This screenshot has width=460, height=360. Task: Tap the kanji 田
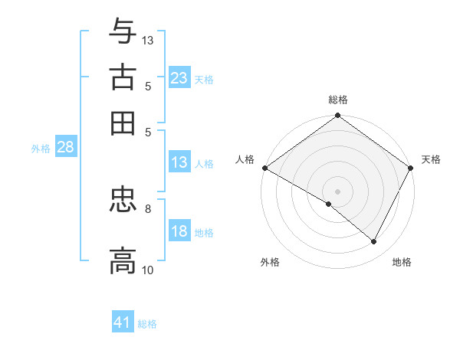coord(123,123)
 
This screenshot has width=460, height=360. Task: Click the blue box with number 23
coord(179,78)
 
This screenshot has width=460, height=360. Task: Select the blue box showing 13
coord(179,162)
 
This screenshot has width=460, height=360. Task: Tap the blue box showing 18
coord(179,232)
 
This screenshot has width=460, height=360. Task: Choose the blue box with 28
coord(65,148)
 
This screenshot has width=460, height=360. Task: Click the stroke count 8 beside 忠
coord(148,208)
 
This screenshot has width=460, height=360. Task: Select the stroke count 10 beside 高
coord(148,270)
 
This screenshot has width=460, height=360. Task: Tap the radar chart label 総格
coord(337,100)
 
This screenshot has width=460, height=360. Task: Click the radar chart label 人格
coord(245,159)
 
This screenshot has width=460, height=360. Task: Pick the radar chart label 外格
coord(270,262)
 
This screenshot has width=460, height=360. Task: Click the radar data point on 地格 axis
coord(374,241)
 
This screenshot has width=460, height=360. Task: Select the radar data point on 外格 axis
coord(329,204)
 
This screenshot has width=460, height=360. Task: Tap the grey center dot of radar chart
coord(337,191)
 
